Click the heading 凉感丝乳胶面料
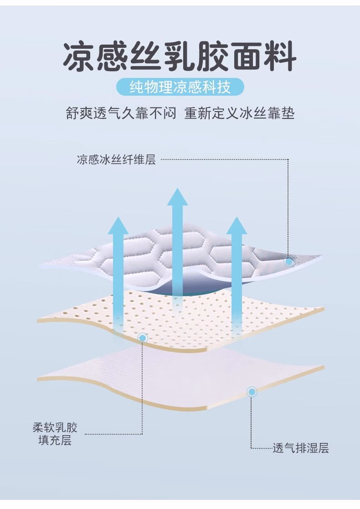point(180,57)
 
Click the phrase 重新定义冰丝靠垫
point(239,113)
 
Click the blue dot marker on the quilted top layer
point(288,262)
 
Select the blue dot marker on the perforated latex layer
point(143,338)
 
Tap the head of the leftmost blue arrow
point(118,226)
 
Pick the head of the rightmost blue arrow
point(237,226)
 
